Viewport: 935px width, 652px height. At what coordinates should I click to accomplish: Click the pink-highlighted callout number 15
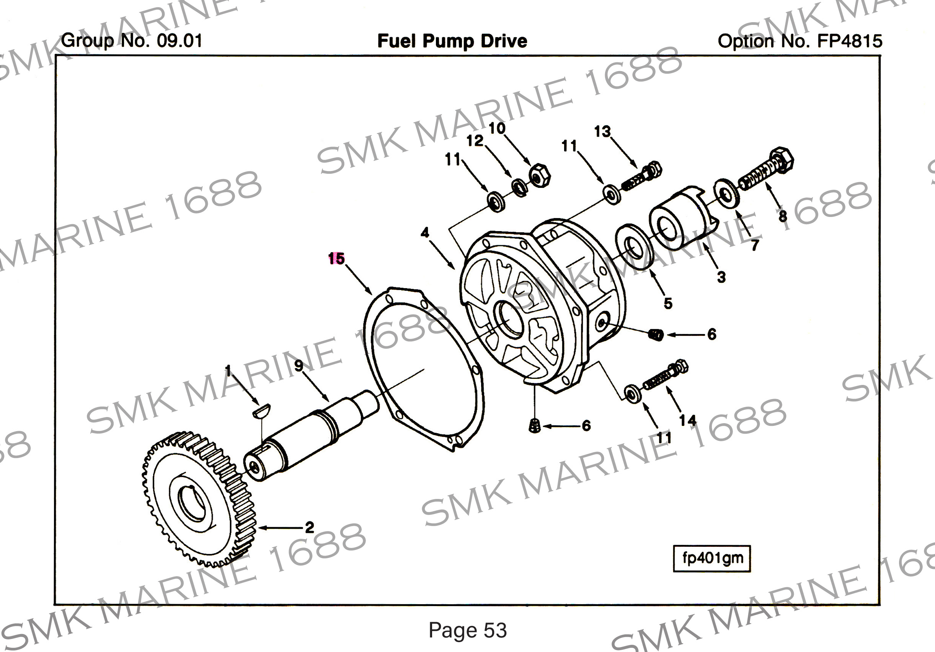point(336,259)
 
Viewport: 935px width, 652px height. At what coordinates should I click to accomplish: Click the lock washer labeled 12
point(520,188)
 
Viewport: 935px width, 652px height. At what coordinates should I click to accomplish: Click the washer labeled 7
point(726,192)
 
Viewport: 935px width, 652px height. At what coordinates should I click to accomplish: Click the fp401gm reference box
point(712,558)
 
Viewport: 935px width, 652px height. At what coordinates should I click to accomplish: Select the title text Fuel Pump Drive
point(452,41)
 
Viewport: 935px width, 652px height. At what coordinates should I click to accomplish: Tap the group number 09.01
point(179,41)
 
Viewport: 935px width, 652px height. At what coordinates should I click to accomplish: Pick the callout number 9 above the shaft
point(299,366)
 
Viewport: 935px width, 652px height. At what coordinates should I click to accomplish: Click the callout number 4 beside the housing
point(425,233)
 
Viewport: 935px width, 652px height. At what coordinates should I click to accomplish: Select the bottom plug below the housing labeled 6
point(535,426)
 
